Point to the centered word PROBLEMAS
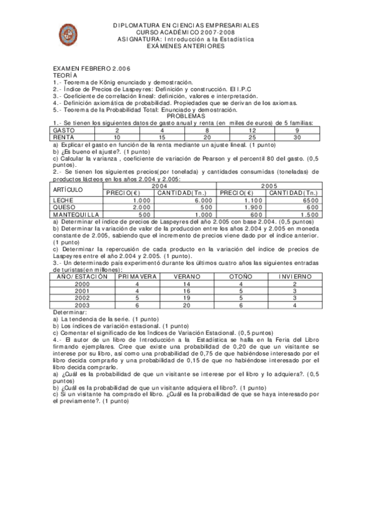[186, 115]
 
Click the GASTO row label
[65, 130]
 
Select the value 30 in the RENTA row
[297, 137]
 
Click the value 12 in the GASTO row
[252, 130]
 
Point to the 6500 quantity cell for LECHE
[309, 200]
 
